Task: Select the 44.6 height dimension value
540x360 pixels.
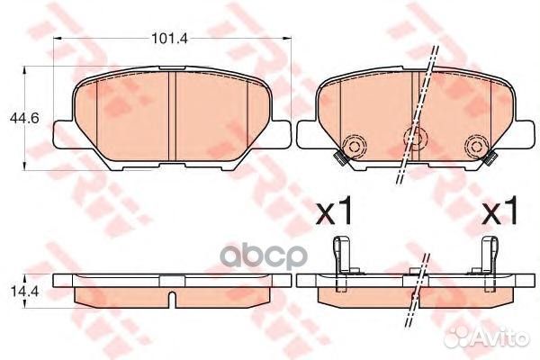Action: tap(16, 116)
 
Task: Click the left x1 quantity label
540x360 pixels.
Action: tap(335, 212)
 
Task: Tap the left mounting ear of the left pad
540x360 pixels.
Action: tap(61, 135)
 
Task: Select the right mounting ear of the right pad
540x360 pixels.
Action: tap(517, 135)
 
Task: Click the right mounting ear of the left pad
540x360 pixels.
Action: tap(279, 135)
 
